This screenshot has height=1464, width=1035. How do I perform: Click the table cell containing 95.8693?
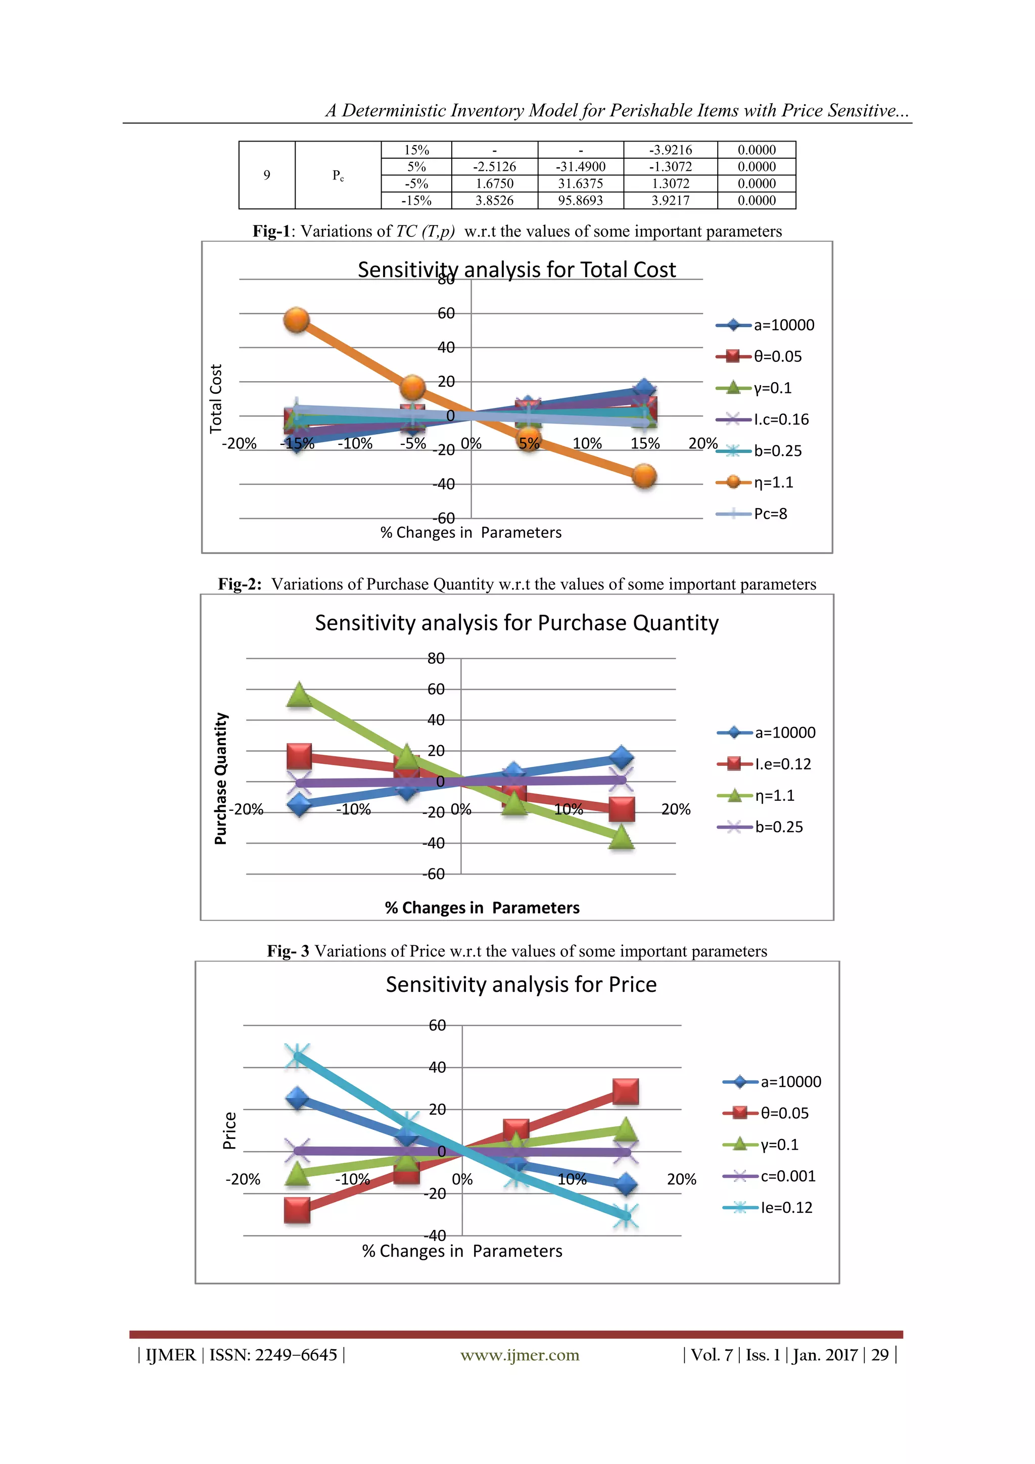click(580, 200)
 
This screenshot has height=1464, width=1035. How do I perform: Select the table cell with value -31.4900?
click(580, 166)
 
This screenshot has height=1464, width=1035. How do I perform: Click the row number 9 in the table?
click(266, 175)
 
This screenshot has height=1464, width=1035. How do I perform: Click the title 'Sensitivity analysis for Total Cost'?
click(516, 270)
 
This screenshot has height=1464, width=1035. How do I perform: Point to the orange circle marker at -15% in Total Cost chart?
click(296, 320)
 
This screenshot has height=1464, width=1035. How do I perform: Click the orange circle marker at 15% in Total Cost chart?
click(644, 476)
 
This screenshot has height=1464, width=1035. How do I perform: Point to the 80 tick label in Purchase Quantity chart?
click(436, 658)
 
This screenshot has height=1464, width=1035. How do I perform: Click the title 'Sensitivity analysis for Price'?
click(521, 984)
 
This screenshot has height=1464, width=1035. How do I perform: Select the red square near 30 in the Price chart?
click(625, 1091)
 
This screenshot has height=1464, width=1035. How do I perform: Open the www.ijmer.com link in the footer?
click(520, 1355)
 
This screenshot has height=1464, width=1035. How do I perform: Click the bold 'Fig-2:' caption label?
click(240, 584)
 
